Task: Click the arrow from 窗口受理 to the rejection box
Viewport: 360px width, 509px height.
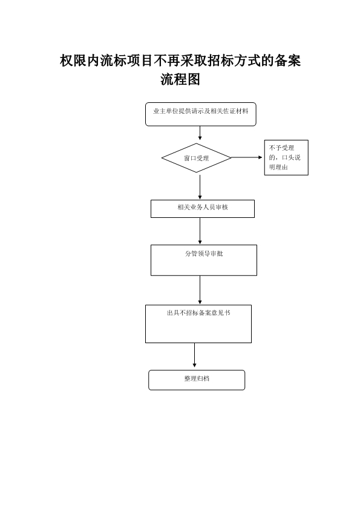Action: [247, 157]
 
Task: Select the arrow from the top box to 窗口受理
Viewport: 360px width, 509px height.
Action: [200, 133]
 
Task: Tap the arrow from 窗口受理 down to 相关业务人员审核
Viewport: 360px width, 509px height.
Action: [200, 187]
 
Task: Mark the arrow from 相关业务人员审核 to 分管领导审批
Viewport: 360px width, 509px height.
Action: [200, 231]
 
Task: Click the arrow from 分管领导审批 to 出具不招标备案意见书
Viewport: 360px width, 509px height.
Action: [200, 290]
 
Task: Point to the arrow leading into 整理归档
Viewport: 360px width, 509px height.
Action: [194, 355]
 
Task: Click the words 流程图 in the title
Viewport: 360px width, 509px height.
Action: [180, 79]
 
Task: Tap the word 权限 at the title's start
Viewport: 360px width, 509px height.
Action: [73, 61]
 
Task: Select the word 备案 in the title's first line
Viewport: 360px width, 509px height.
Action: [287, 61]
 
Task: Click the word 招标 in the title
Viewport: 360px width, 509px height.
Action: [220, 61]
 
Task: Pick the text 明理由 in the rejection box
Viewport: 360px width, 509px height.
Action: [278, 168]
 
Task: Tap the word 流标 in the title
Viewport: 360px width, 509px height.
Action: [113, 61]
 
